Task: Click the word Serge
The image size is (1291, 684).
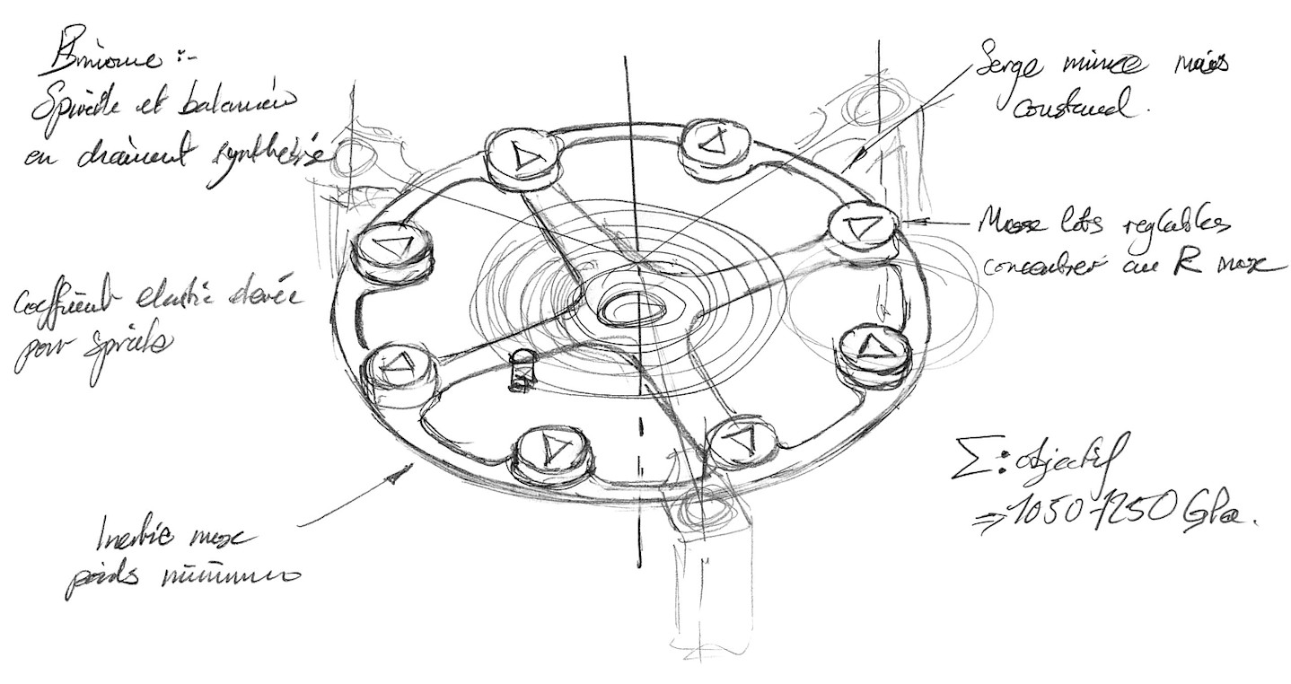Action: [1014, 66]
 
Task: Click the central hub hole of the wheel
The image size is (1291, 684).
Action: [634, 309]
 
